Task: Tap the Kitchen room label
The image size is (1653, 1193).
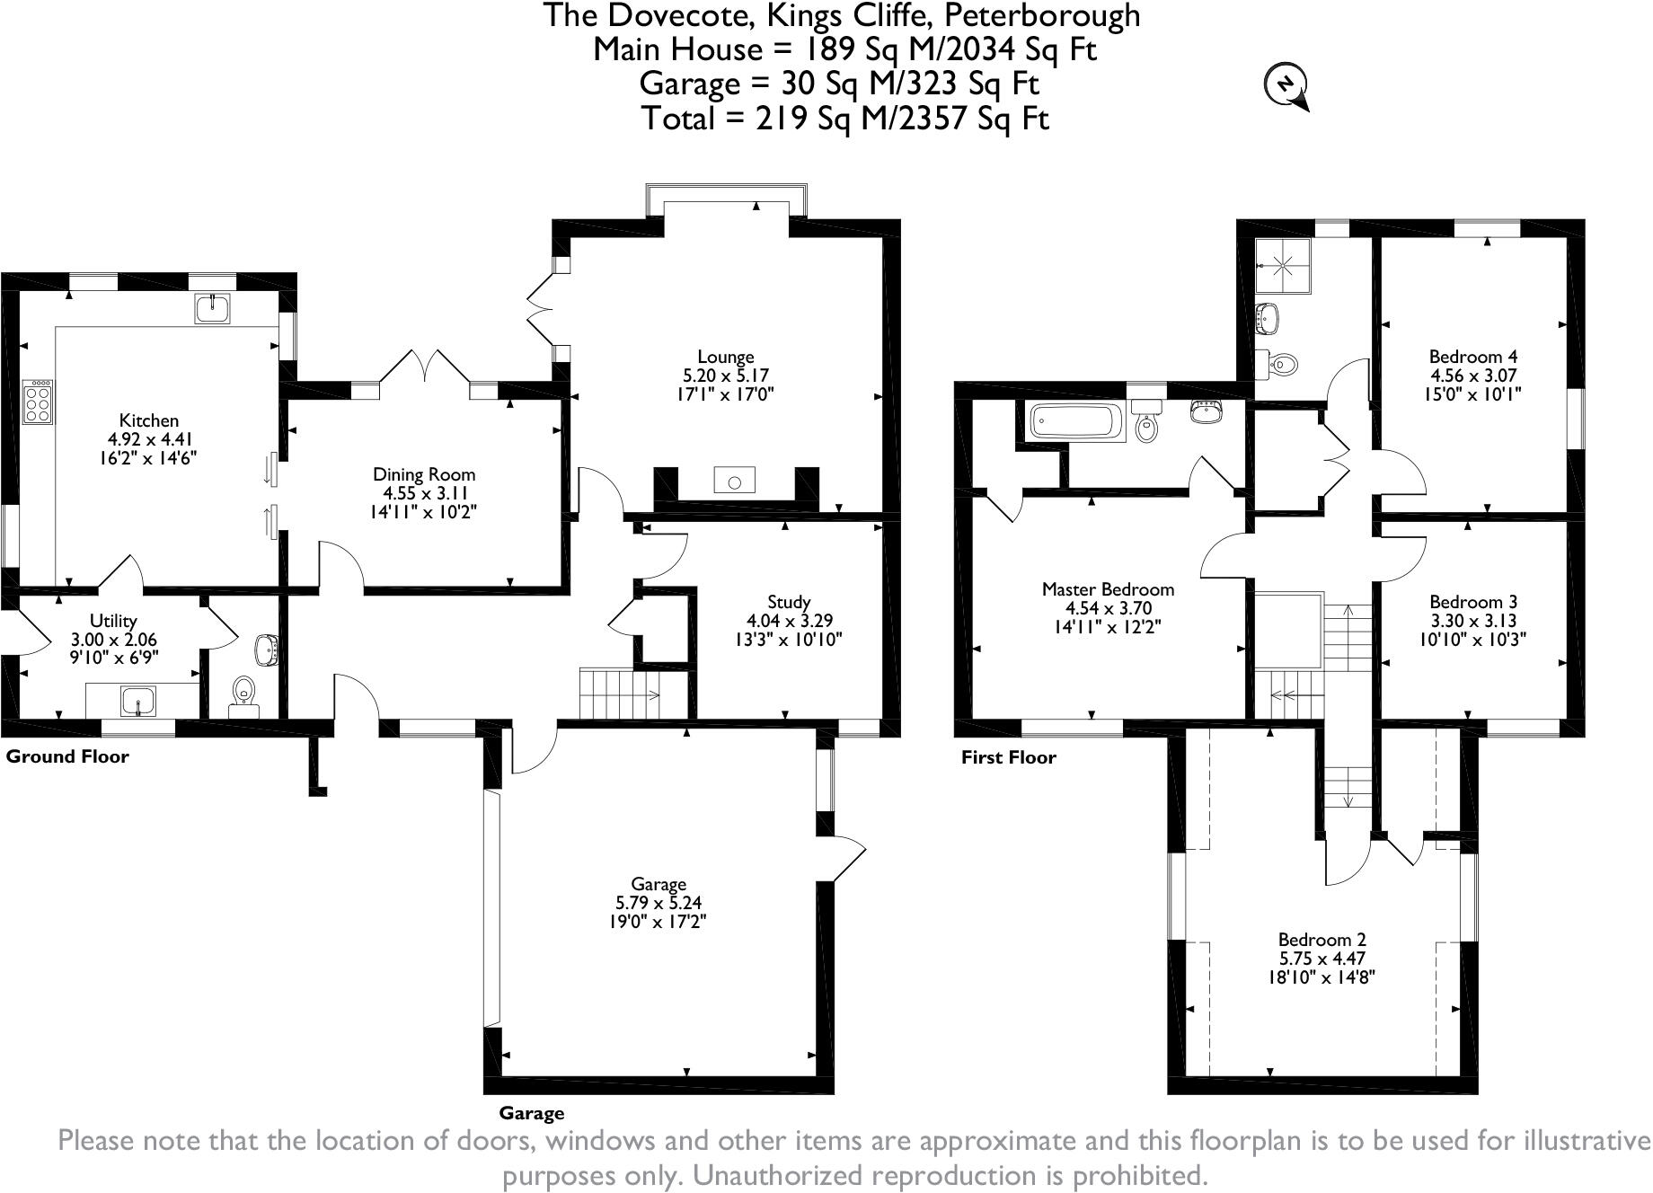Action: (x=149, y=420)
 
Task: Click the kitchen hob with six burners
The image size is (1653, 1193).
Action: (x=39, y=401)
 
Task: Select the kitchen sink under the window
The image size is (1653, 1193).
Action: (x=213, y=308)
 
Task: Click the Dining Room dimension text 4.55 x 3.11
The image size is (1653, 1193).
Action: (x=425, y=493)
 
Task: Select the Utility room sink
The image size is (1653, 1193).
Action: (x=137, y=700)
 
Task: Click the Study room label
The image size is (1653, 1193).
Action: (x=789, y=602)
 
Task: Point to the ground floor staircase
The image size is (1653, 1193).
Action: (x=620, y=694)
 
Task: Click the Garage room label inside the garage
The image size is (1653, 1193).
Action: (x=659, y=884)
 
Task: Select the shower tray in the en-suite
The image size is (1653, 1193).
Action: (x=1283, y=266)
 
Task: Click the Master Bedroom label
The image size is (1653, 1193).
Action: (x=1108, y=589)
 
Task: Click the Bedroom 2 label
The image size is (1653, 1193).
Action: (x=1322, y=940)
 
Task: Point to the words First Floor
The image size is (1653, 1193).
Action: (x=1008, y=757)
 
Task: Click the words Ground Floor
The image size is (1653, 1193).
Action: (x=67, y=756)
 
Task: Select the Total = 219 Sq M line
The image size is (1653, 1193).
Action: (x=844, y=118)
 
